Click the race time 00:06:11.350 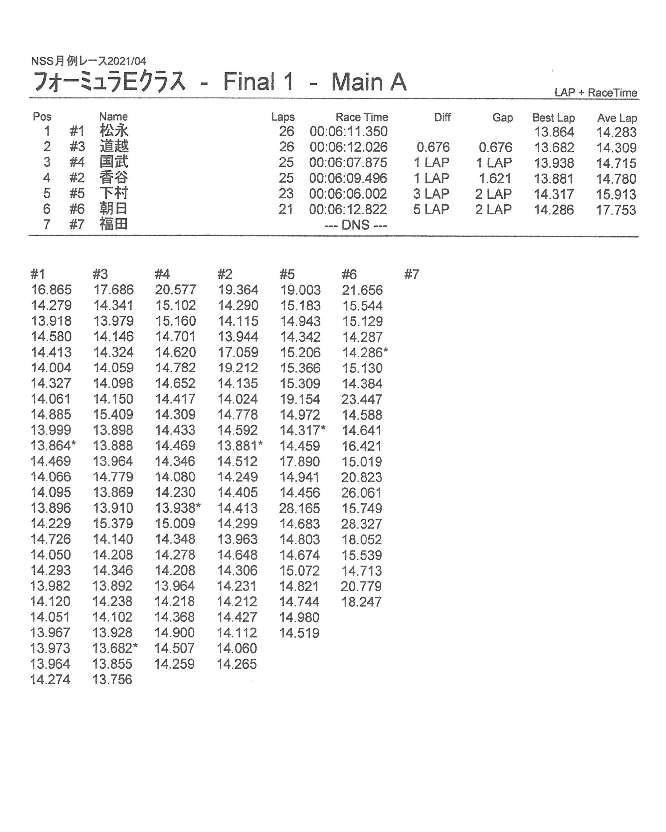[348, 132]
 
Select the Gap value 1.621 [495, 178]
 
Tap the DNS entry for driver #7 [355, 225]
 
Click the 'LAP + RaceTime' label [595, 93]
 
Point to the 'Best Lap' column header [553, 117]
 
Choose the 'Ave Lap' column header [617, 118]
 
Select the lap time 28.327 [361, 524]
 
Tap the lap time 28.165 [299, 508]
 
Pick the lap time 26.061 [361, 492]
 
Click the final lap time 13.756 [112, 679]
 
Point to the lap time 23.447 [361, 399]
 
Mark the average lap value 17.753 [616, 210]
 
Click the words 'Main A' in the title [368, 82]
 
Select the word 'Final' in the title [249, 82]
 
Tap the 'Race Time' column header [361, 117]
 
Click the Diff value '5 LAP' [431, 209]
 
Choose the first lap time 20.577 [175, 290]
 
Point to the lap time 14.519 [299, 632]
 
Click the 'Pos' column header [42, 117]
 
